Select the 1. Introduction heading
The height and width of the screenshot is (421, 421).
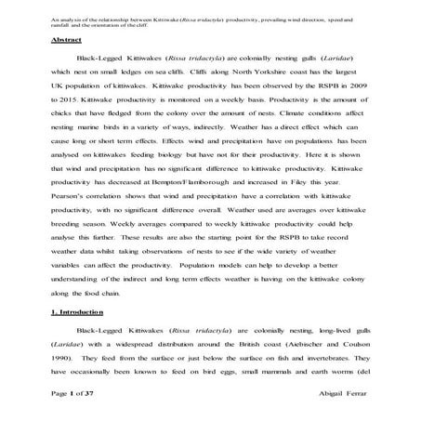coord(77,312)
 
